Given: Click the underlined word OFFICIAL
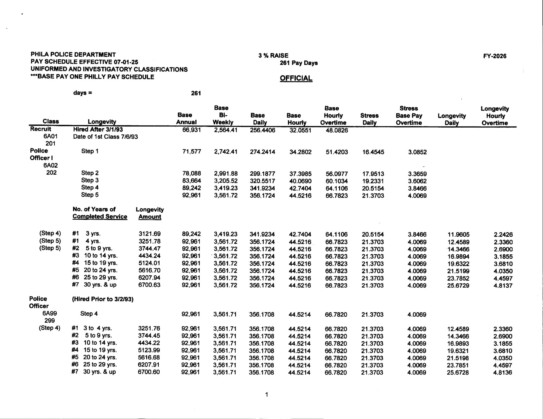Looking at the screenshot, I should click(x=296, y=78).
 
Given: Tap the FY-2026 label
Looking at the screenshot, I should click(x=494, y=56).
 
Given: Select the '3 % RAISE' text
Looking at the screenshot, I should click(x=273, y=56).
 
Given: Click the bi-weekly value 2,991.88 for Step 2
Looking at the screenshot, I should click(x=226, y=174).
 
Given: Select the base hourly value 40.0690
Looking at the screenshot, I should click(x=300, y=181).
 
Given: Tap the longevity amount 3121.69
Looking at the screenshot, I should click(x=150, y=234).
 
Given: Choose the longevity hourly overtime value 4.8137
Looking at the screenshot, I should click(x=503, y=286).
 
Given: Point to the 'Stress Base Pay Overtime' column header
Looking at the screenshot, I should click(x=409, y=116).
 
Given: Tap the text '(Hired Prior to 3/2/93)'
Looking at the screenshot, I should click(x=103, y=299).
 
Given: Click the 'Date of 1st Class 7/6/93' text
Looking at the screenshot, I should click(x=105, y=137).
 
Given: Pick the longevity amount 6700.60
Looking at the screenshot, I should click(x=149, y=372).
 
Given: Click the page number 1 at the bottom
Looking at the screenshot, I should click(x=266, y=395).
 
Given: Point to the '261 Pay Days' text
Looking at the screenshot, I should click(x=299, y=63).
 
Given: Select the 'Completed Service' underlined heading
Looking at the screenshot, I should click(x=100, y=217).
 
